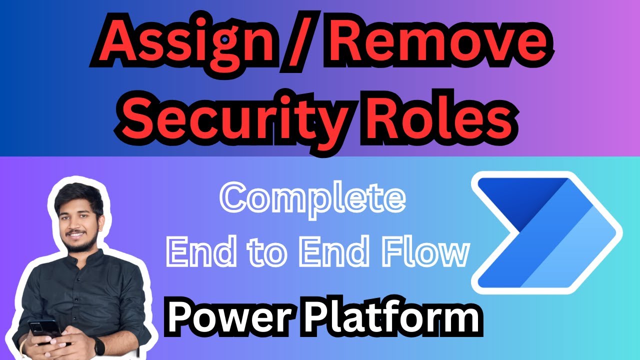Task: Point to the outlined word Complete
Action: point(313,199)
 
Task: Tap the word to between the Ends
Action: point(267,252)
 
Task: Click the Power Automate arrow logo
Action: point(546,232)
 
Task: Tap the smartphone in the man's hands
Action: point(45,331)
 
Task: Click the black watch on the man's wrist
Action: point(98,345)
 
